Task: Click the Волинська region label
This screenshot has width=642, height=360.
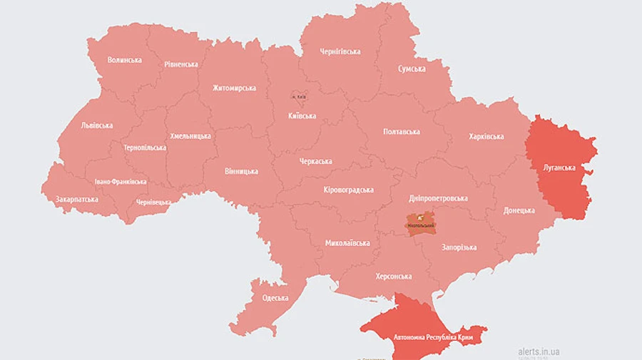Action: (124, 60)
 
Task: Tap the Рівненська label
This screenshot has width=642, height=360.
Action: (180, 64)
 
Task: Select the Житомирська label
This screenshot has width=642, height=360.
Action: (234, 88)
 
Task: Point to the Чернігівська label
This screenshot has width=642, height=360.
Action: (340, 51)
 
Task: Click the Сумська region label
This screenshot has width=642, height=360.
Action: (412, 68)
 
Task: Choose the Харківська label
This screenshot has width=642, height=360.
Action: (486, 136)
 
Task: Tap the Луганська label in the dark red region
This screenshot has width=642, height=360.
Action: (559, 168)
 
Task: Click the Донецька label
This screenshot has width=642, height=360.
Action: (519, 210)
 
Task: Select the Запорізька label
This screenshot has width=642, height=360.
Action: (459, 247)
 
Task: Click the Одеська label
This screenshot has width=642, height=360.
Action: (275, 298)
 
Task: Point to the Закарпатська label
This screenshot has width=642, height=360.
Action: (76, 200)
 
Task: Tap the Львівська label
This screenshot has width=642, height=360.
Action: (97, 125)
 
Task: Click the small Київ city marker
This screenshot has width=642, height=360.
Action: (297, 96)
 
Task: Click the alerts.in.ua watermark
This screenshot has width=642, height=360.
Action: (539, 351)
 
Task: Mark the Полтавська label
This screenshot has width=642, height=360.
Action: (401, 132)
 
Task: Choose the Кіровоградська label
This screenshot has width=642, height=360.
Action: (348, 190)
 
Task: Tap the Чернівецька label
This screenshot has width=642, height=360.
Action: (153, 202)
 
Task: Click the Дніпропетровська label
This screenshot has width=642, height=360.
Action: (438, 198)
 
